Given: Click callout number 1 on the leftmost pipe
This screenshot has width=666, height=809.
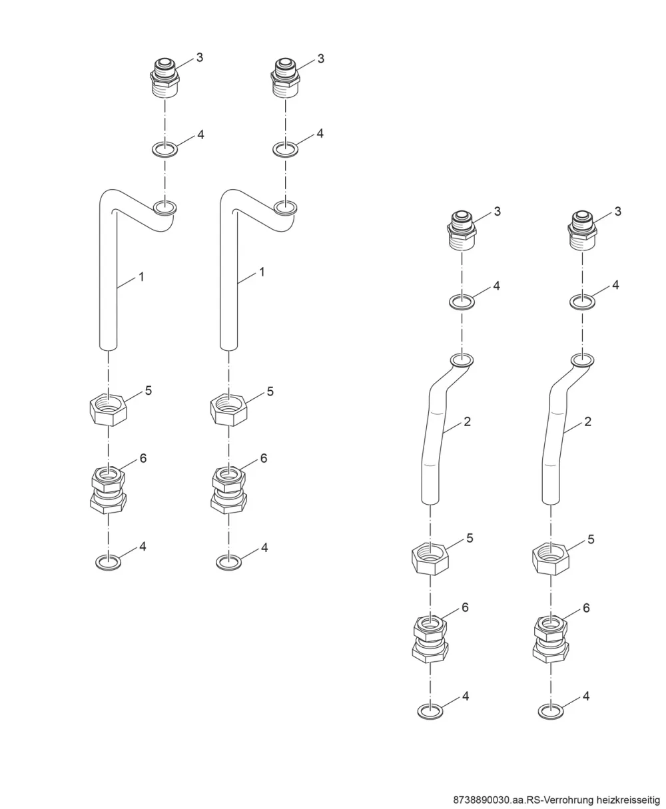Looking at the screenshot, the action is pyautogui.click(x=141, y=276).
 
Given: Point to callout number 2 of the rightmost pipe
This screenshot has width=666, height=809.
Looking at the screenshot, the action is pyautogui.click(x=587, y=421).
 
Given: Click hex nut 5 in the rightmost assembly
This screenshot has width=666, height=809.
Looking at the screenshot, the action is pyautogui.click(x=551, y=559).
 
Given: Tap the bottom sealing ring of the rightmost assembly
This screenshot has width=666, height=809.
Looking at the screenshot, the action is pyautogui.click(x=551, y=712).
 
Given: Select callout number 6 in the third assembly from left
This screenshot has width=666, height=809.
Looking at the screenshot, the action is pyautogui.click(x=465, y=607).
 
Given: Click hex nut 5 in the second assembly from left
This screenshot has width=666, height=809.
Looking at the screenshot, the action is pyautogui.click(x=229, y=409).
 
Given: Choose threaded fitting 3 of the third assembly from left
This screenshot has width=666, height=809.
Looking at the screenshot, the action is pyautogui.click(x=462, y=230).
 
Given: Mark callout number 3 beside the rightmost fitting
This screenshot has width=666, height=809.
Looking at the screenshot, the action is pyautogui.click(x=617, y=211).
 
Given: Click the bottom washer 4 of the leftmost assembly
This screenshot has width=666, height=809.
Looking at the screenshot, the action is pyautogui.click(x=108, y=563).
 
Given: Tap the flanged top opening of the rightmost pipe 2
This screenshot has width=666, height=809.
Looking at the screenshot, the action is pyautogui.click(x=582, y=360).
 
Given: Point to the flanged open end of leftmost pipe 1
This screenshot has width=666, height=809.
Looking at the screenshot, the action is pyautogui.click(x=165, y=208).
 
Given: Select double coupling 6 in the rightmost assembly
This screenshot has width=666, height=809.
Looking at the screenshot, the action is pyautogui.click(x=551, y=639).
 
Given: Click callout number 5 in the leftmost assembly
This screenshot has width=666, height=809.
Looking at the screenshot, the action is pyautogui.click(x=149, y=390).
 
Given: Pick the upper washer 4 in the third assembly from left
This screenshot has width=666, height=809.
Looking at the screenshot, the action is pyautogui.click(x=462, y=302).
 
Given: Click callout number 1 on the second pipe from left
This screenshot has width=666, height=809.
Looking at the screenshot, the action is pyautogui.click(x=262, y=272).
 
